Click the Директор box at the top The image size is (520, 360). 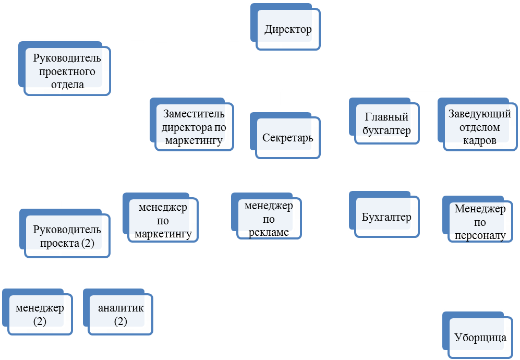pos(288,29)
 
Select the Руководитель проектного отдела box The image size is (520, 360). pos(67,71)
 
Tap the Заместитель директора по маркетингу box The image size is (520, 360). pos(194,126)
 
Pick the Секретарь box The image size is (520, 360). pos(287,138)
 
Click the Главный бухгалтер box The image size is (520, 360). pos(385,124)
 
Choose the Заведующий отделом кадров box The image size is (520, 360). pos(479,127)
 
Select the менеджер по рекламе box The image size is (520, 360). pos(269,219)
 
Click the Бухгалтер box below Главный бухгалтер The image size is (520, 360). pos(386,217)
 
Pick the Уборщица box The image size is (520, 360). pos(479,337)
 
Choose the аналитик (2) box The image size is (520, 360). pos(120,314)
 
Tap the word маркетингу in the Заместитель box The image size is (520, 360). pos(194,140)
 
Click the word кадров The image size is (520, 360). pos(480,140)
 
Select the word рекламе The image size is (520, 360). pos(269,232)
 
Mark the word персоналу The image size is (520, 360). pos(480,236)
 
